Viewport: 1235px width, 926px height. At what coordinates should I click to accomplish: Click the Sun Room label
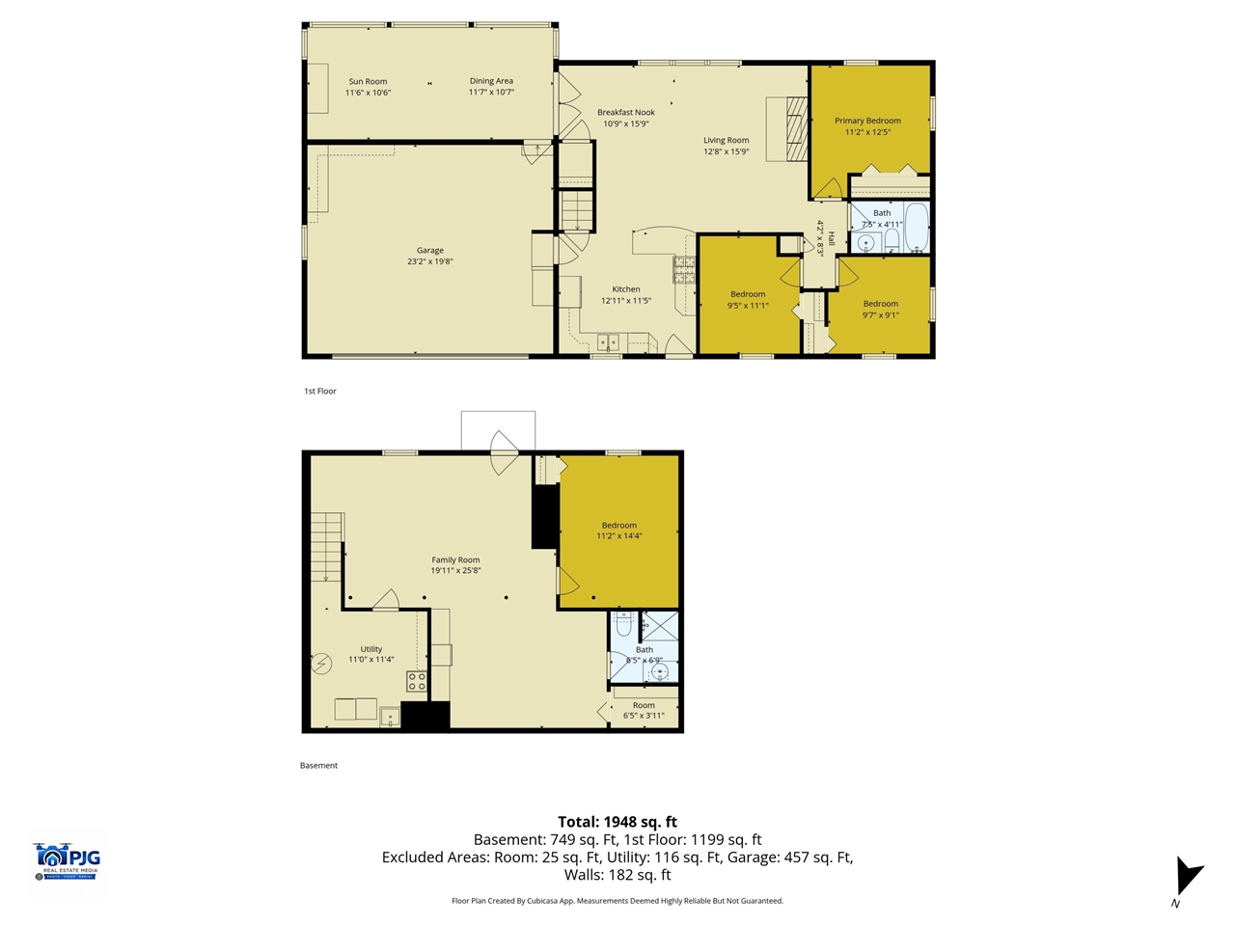click(368, 82)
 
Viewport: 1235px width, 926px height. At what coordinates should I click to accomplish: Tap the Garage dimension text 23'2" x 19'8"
click(429, 261)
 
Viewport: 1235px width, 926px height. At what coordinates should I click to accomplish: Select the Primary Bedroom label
click(867, 121)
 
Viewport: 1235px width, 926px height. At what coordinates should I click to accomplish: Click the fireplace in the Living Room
click(795, 128)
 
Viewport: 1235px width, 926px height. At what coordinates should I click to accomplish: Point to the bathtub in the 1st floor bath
click(916, 228)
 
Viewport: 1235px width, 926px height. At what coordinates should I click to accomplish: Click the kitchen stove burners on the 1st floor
click(684, 269)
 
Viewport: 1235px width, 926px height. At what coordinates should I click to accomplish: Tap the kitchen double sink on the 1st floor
click(608, 341)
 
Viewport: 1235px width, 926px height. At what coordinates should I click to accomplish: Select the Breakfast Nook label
click(625, 113)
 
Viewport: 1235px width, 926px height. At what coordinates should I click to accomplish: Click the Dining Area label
click(491, 81)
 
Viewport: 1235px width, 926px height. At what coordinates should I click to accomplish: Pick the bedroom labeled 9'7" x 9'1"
click(880, 309)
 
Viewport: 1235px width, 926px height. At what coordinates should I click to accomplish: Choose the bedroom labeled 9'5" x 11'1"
click(748, 299)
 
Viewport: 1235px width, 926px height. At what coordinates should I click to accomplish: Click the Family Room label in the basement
click(455, 559)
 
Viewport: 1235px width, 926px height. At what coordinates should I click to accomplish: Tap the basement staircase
click(327, 546)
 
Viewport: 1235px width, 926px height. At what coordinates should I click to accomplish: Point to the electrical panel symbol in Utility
click(321, 664)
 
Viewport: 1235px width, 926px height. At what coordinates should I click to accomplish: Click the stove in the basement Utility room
click(416, 682)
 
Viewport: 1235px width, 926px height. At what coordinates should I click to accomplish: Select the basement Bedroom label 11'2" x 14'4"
click(618, 531)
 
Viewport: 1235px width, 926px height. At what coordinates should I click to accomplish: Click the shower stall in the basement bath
click(660, 625)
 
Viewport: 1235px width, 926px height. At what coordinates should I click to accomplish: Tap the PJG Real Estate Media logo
click(67, 860)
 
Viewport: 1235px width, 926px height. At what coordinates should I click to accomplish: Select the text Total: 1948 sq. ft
click(617, 822)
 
